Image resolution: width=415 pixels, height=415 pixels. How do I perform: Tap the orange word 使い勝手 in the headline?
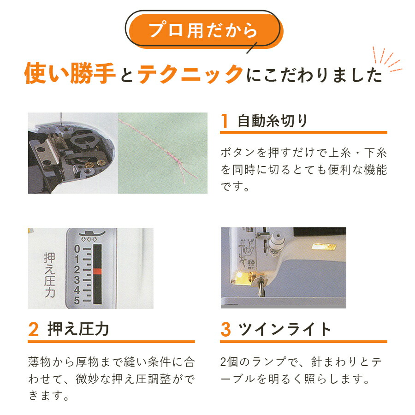(70, 73)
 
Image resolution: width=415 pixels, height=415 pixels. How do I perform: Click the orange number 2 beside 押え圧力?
(33, 329)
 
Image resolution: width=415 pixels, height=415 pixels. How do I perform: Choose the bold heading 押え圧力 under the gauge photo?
(78, 329)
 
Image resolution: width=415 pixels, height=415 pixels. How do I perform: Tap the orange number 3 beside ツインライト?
(225, 329)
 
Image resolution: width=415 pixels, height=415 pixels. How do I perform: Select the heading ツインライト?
(285, 329)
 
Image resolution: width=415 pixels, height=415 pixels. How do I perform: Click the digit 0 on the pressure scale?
(77, 249)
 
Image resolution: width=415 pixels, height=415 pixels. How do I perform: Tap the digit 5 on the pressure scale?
(77, 301)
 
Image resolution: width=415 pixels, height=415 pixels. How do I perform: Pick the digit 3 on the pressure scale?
(77, 279)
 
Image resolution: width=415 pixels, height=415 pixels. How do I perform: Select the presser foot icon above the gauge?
(92, 234)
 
